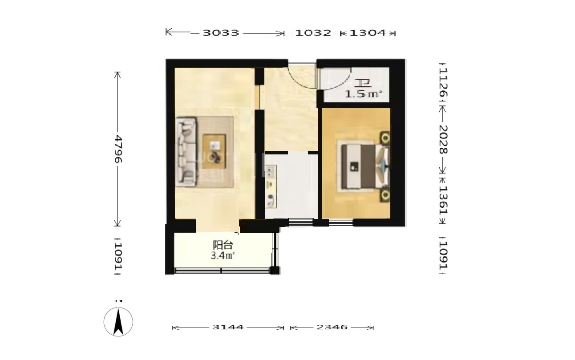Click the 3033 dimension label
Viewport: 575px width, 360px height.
[x=221, y=33]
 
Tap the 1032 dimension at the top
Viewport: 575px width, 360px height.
[x=313, y=33]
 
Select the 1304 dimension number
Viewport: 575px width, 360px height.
[x=368, y=33]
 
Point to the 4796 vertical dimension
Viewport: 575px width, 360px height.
[x=118, y=149]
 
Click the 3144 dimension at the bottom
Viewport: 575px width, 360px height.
[x=228, y=327]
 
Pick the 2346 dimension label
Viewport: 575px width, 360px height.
[x=332, y=327]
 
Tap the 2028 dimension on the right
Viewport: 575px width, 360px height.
[x=443, y=139]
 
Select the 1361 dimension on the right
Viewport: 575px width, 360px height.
[x=443, y=200]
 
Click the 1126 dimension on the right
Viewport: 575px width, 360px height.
[x=443, y=82]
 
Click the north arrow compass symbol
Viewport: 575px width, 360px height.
[x=118, y=322]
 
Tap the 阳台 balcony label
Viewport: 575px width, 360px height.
[x=223, y=245]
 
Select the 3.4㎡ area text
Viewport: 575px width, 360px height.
[x=222, y=256]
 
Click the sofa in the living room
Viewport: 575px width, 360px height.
[x=186, y=151]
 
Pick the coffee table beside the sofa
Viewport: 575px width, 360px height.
[x=214, y=151]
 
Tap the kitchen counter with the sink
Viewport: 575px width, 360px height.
[x=271, y=186]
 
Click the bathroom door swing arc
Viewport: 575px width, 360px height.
[x=343, y=84]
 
